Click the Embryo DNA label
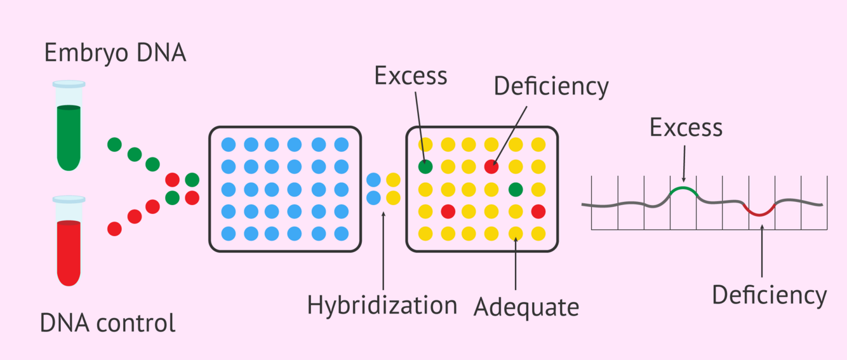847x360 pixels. [x=115, y=53]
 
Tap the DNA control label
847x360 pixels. [x=107, y=324]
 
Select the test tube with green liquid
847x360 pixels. [x=69, y=130]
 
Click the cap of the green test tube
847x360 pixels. [x=69, y=84]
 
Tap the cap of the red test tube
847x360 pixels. [x=69, y=199]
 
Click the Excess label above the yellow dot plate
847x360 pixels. [x=411, y=76]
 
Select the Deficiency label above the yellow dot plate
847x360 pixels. [x=551, y=87]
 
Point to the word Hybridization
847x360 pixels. [x=382, y=305]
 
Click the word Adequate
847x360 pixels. [x=526, y=307]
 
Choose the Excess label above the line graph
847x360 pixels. [x=686, y=128]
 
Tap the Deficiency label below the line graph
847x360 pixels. [x=769, y=295]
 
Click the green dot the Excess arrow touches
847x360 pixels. [x=426, y=167]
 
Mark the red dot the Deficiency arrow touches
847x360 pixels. [x=491, y=167]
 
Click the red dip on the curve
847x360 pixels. [x=760, y=212]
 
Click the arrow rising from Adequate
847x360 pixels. [x=515, y=263]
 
